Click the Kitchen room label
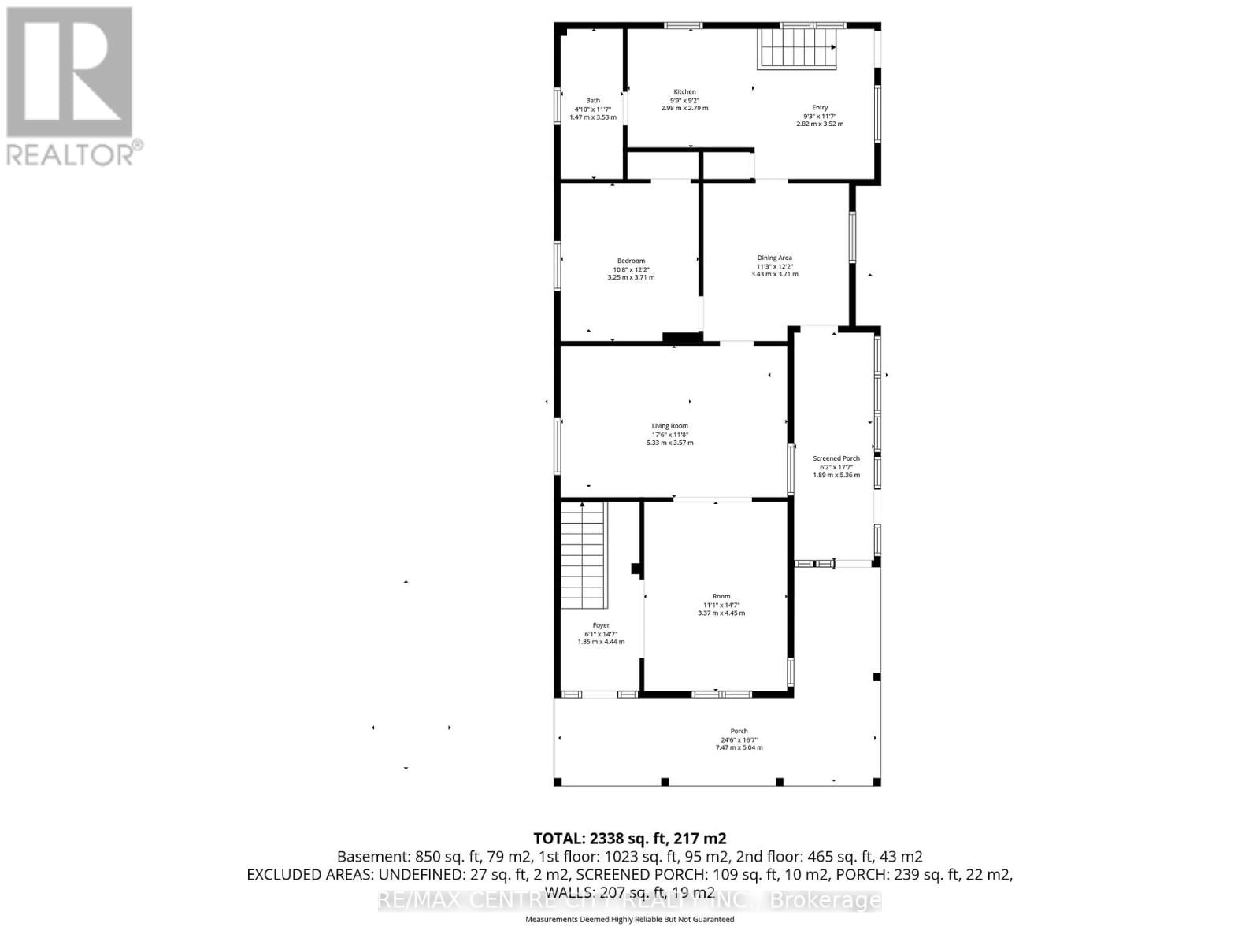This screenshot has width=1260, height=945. [684, 92]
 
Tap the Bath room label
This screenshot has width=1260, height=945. [592, 101]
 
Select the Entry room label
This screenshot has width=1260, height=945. [820, 108]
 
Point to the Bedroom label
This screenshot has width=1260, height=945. [631, 261]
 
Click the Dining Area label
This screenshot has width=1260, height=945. [774, 258]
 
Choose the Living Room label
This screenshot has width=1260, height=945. [669, 426]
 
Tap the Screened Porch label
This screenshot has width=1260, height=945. [836, 458]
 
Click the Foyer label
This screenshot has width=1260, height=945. [601, 625]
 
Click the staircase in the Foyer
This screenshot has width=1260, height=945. [584, 555]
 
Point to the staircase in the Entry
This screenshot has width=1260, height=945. [797, 49]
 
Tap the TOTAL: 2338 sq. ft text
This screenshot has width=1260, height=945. [629, 838]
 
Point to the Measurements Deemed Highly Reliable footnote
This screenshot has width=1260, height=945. [629, 919]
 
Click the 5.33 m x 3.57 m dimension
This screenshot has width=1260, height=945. [669, 443]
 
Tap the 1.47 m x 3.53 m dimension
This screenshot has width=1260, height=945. [592, 117]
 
